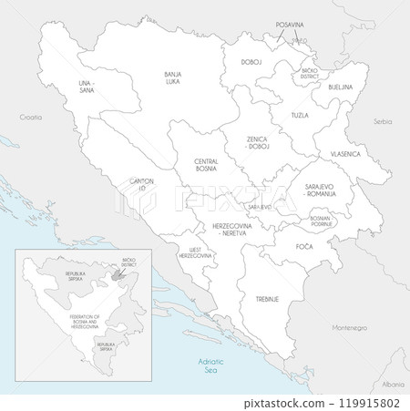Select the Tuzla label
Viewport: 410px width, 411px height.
[x=299, y=116]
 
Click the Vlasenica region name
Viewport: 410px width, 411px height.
[x=344, y=155]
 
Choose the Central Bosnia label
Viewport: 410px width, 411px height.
[x=205, y=165]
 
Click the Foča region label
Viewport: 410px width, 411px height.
[x=303, y=247]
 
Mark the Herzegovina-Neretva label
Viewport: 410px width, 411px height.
[x=232, y=230]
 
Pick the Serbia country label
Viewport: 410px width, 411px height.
[x=383, y=120]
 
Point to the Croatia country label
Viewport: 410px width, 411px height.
[x=31, y=118]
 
